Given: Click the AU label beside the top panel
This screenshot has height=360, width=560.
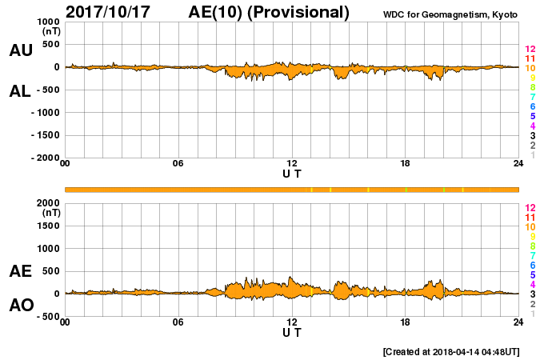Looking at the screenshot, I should pos(21,50).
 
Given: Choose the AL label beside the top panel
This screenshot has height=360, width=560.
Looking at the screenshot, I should pos(21,91).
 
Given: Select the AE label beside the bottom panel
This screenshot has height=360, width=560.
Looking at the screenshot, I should pos(21,271).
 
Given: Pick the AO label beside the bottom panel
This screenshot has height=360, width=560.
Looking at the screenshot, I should pos(21,306).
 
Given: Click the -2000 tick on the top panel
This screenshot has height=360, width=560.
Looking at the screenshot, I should pos(45,158).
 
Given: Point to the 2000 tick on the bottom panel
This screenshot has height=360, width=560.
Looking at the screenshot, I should pos(49,203).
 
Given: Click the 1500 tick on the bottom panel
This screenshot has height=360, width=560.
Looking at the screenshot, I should pos(49,226).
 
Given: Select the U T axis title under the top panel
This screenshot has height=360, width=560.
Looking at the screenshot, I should pos(292,173).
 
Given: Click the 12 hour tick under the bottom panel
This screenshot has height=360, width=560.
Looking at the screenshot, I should pos(292,322).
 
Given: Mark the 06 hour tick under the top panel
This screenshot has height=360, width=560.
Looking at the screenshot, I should pos(178,164).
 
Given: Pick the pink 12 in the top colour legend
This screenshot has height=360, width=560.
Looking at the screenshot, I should pos(530,50).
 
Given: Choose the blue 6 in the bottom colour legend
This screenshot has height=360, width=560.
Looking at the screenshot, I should pos(530,265).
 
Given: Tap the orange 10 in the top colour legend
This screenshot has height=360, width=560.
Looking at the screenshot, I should pos(530,69).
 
